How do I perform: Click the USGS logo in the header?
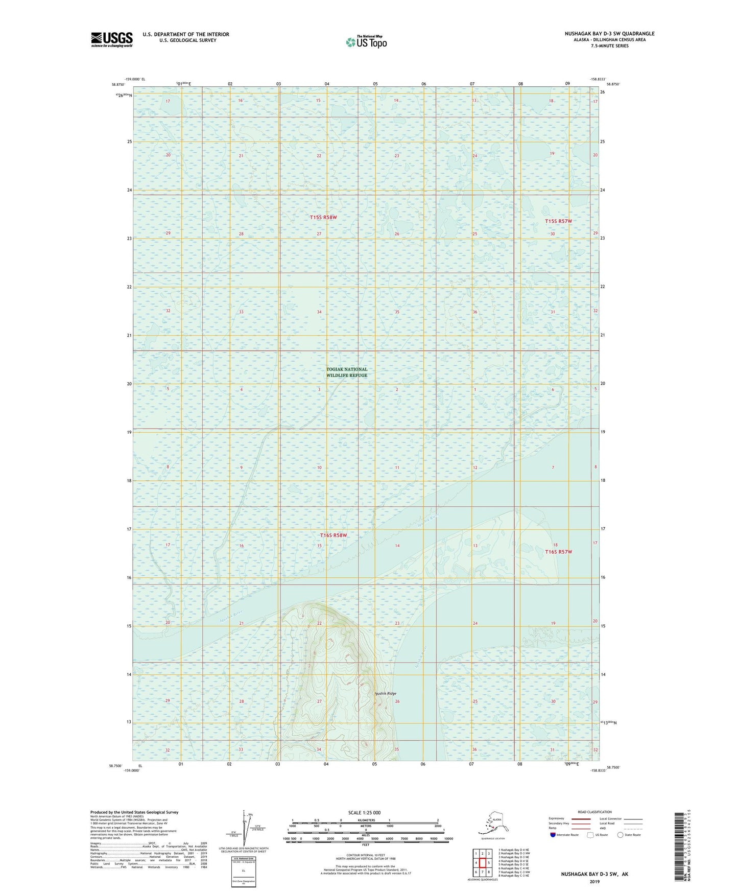[x=112, y=39]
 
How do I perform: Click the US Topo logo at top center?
[x=366, y=41]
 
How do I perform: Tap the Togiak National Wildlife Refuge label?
[x=347, y=372]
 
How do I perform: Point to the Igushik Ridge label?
[x=385, y=693]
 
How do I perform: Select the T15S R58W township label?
[x=323, y=217]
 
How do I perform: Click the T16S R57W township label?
[x=558, y=552]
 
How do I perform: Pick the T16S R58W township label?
[x=334, y=535]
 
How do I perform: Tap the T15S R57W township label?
[x=558, y=221]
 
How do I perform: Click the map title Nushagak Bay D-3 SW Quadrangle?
[x=609, y=34]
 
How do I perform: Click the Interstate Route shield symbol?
[x=553, y=835]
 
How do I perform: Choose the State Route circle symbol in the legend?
[x=621, y=835]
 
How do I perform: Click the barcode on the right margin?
[x=680, y=844]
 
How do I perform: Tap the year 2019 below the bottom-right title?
[x=594, y=881]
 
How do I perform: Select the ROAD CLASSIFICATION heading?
[x=594, y=812]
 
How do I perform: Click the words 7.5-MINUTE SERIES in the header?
[x=609, y=46]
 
